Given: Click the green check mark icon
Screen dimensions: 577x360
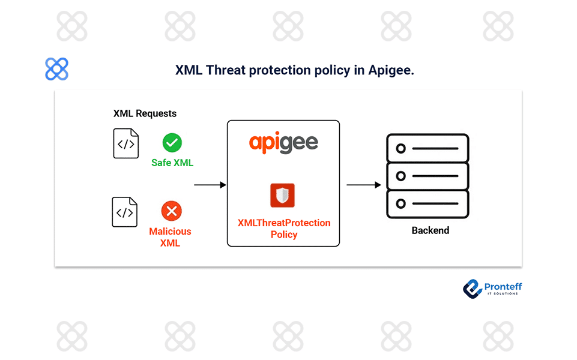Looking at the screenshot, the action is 172,143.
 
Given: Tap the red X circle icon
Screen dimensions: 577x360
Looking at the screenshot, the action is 172,211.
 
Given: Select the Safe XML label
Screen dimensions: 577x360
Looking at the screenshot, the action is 172,163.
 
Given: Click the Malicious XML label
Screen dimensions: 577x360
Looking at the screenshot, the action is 170,237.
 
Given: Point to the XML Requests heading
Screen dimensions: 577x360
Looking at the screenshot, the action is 145,113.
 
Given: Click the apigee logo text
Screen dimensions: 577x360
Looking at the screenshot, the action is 283,143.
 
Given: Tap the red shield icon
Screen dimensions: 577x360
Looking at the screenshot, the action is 283,195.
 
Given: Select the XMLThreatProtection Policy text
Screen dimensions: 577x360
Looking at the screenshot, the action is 284,229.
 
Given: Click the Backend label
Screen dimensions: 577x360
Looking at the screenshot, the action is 430,230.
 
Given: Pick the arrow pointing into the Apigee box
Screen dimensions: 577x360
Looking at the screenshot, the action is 210,185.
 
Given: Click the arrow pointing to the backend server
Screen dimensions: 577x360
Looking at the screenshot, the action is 364,185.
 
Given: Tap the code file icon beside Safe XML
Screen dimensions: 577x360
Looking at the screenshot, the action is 126,143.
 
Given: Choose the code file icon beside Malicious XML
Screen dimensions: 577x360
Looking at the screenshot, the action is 125,212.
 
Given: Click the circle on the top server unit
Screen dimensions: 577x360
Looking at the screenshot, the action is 400,149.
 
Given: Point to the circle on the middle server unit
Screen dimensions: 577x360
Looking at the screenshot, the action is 400,176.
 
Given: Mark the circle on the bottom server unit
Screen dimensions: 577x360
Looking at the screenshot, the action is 400,204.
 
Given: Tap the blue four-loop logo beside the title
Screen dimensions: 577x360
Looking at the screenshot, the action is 56,69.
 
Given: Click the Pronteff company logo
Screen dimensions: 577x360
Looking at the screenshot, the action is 492,289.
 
